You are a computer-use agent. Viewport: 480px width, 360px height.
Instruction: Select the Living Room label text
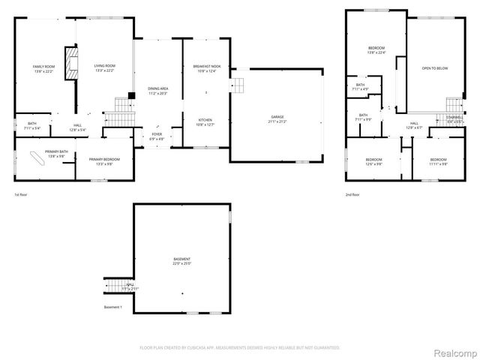104,69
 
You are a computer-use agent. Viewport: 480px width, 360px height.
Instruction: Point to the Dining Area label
158,91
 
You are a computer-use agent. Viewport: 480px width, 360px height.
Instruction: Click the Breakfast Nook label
205,69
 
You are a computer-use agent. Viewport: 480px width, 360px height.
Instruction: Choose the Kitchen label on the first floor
205,122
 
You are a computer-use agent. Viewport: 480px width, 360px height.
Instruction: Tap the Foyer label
157,136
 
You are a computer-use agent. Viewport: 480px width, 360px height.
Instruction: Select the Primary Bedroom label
106,160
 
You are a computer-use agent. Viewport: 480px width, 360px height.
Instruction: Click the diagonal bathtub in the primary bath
36,158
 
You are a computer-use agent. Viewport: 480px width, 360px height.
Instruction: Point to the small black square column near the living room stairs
130,94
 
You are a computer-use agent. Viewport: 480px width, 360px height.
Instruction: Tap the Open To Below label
435,69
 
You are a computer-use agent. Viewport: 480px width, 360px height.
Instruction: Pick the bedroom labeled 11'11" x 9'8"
439,161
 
